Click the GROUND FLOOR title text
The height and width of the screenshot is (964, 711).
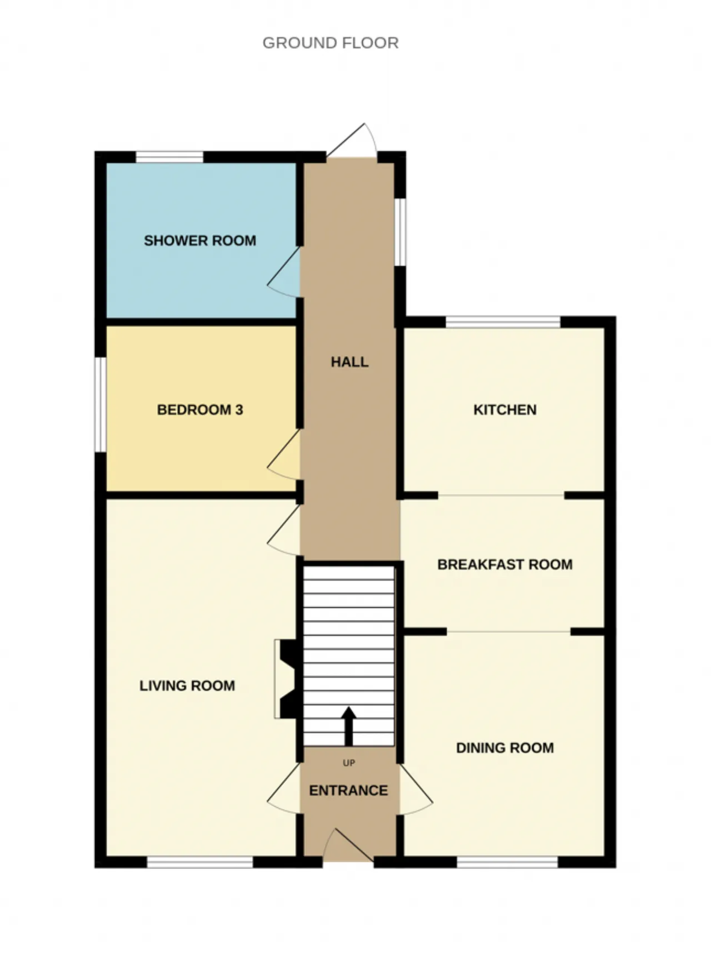click(331, 43)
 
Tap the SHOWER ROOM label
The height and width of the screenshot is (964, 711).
click(200, 241)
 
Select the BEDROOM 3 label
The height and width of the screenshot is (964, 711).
click(200, 410)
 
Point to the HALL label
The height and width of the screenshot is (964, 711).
click(349, 362)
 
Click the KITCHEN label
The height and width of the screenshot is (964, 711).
click(505, 410)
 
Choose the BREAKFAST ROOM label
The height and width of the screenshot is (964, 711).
click(505, 565)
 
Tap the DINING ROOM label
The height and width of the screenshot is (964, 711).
click(505, 748)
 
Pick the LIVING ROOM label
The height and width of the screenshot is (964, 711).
click(187, 686)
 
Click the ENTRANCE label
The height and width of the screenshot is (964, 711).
click(348, 791)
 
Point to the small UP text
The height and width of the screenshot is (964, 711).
click(349, 763)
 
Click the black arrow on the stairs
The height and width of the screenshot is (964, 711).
click(349, 726)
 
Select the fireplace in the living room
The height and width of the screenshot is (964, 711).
click(288, 679)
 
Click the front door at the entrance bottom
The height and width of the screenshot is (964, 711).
click(348, 846)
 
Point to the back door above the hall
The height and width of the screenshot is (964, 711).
click(352, 140)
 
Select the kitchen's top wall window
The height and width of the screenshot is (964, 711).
click(503, 322)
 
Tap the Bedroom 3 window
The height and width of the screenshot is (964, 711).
click(100, 404)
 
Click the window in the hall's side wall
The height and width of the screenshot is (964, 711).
click(400, 232)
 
